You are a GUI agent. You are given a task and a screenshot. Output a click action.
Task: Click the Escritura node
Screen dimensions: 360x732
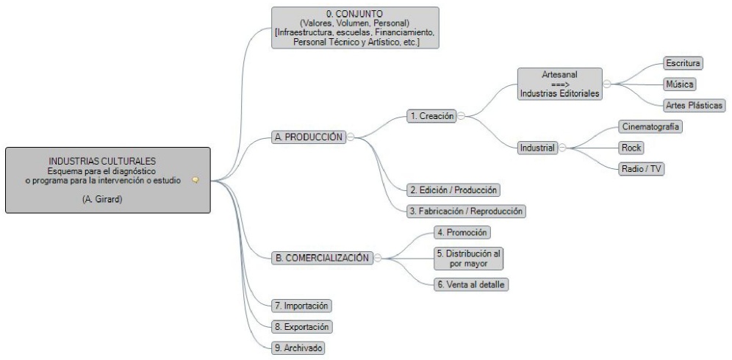pyautogui.click(x=683, y=63)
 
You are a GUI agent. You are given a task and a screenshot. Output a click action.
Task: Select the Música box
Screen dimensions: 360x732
pyautogui.click(x=678, y=84)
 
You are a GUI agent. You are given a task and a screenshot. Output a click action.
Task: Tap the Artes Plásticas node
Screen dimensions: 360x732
pyautogui.click(x=694, y=105)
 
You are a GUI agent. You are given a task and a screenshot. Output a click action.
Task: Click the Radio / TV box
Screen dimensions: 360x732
pyautogui.click(x=642, y=169)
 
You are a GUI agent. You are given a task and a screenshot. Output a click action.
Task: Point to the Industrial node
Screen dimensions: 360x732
pyautogui.click(x=538, y=148)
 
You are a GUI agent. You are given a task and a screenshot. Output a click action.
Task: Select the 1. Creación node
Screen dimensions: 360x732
pyautogui.click(x=431, y=115)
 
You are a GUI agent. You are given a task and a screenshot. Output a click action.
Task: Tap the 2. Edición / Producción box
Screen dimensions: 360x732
pyautogui.click(x=453, y=190)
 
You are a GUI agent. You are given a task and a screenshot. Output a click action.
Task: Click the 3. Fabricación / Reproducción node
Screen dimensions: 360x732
pyautogui.click(x=467, y=211)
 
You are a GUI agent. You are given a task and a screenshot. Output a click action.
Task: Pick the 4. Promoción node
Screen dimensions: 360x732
pyautogui.click(x=462, y=232)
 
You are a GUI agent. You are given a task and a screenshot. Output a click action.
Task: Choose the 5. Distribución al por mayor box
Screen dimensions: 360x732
pyautogui.click(x=467, y=258)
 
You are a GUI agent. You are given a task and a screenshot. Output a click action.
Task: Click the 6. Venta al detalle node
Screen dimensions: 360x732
pyautogui.click(x=470, y=284)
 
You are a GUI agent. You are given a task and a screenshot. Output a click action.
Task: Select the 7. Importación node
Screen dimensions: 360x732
pyautogui.click(x=301, y=305)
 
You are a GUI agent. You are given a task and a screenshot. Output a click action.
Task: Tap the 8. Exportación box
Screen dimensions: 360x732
pyautogui.click(x=301, y=326)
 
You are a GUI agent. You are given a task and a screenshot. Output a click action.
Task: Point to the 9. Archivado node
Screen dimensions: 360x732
pyautogui.click(x=298, y=348)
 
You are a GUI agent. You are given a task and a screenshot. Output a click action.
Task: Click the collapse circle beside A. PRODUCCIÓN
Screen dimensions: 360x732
pyautogui.click(x=351, y=137)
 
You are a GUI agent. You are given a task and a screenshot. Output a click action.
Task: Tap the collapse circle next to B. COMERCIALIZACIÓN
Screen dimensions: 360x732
pyautogui.click(x=377, y=258)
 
